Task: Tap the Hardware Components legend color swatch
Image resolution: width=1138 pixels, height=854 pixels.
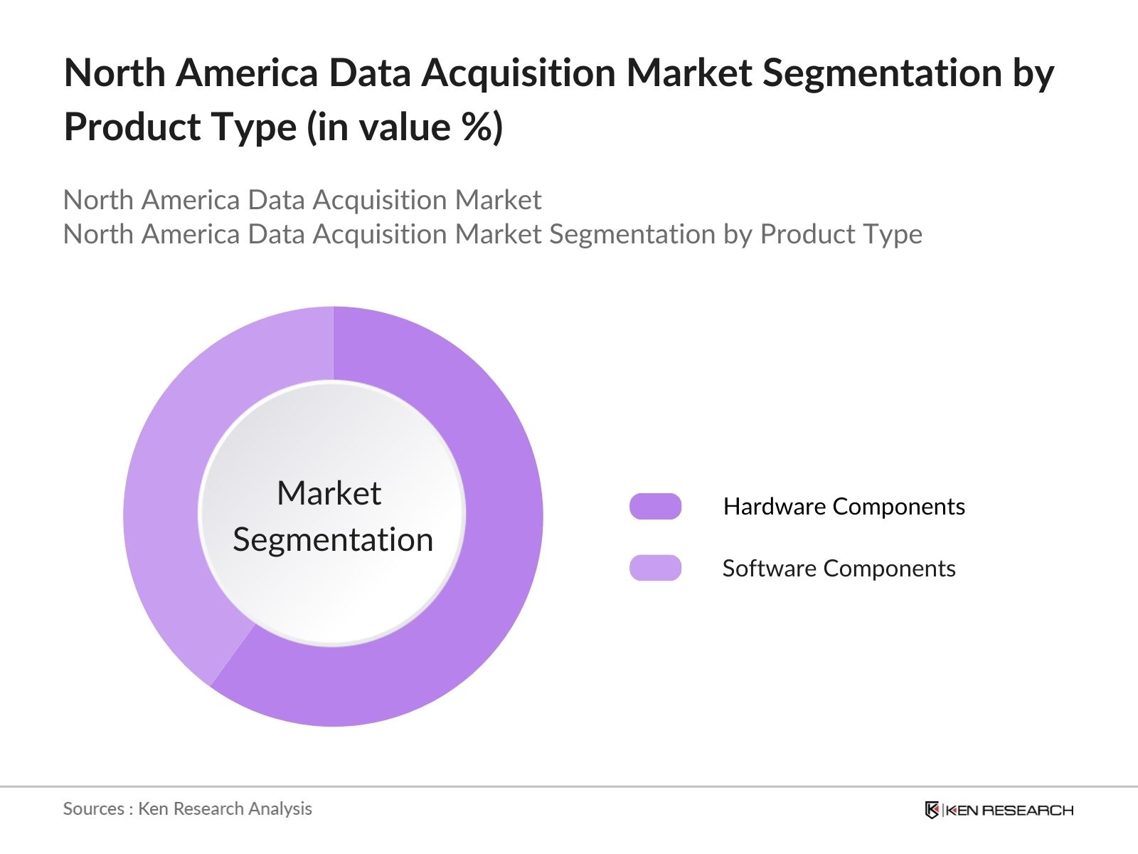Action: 655,506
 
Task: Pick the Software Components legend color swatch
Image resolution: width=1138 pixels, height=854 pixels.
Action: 655,568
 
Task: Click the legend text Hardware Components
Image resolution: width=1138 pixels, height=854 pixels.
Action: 844,506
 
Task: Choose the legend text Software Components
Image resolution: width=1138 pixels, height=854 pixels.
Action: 839,568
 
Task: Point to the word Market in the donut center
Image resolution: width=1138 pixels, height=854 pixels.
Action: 329,493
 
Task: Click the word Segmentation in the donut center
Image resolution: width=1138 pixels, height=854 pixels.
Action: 333,539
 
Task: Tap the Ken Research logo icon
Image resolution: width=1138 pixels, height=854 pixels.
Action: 932,810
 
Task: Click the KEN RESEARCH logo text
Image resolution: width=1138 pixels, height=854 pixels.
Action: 1009,810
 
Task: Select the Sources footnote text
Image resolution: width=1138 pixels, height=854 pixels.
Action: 187,808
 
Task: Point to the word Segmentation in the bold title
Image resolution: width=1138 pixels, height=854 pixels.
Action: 881,73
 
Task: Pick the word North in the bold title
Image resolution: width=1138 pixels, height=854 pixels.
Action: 115,73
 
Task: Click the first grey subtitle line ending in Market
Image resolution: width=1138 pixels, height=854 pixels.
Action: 302,200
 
